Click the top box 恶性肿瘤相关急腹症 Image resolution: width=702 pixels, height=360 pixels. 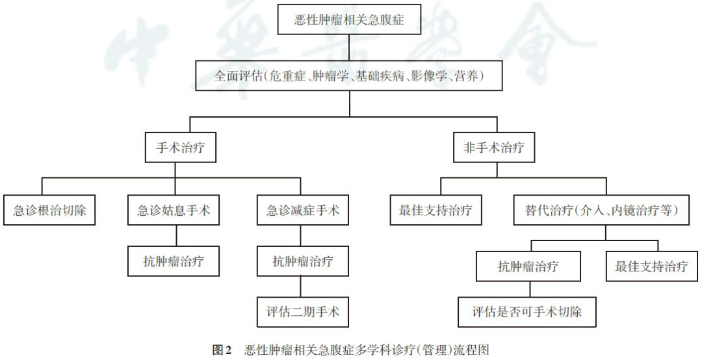pyautogui.click(x=350, y=20)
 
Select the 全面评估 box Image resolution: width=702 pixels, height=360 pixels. pyautogui.click(x=350, y=76)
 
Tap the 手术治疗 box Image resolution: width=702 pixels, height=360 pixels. pyautogui.click(x=180, y=148)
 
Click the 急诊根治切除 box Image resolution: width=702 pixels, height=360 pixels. pyautogui.click(x=49, y=211)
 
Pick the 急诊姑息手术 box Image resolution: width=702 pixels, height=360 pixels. pyautogui.click(x=174, y=211)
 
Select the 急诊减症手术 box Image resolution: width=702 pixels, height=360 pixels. pyautogui.click(x=303, y=211)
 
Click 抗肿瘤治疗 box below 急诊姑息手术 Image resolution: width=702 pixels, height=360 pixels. pyautogui.click(x=174, y=261)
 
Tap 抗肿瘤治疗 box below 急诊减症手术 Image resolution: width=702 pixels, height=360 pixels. pyautogui.click(x=303, y=261)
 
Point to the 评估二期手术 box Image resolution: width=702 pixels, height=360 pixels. pyautogui.click(x=303, y=312)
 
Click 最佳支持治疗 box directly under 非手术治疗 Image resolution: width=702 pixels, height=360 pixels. pyautogui.click(x=435, y=211)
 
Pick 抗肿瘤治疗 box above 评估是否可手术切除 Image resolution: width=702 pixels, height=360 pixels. pyautogui.click(x=528, y=266)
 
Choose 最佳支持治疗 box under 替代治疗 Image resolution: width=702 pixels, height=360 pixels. pyautogui.click(x=651, y=266)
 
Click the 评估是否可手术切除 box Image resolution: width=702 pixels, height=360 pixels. pyautogui.click(x=527, y=313)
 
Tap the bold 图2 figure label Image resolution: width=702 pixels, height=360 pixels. pyautogui.click(x=222, y=350)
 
